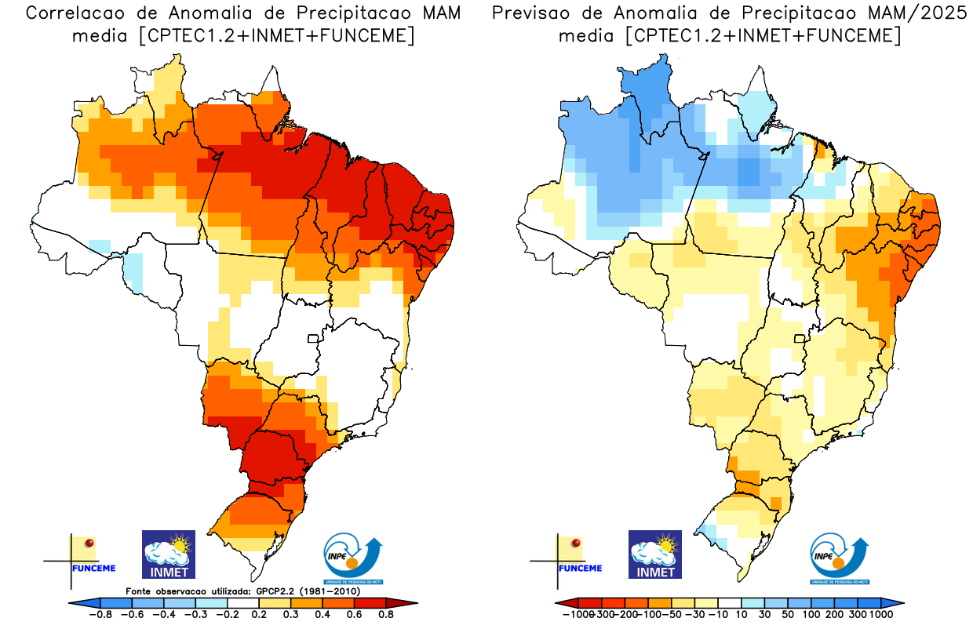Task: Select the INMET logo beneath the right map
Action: pyautogui.click(x=654, y=554)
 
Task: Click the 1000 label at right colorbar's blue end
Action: pyautogui.click(x=880, y=615)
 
